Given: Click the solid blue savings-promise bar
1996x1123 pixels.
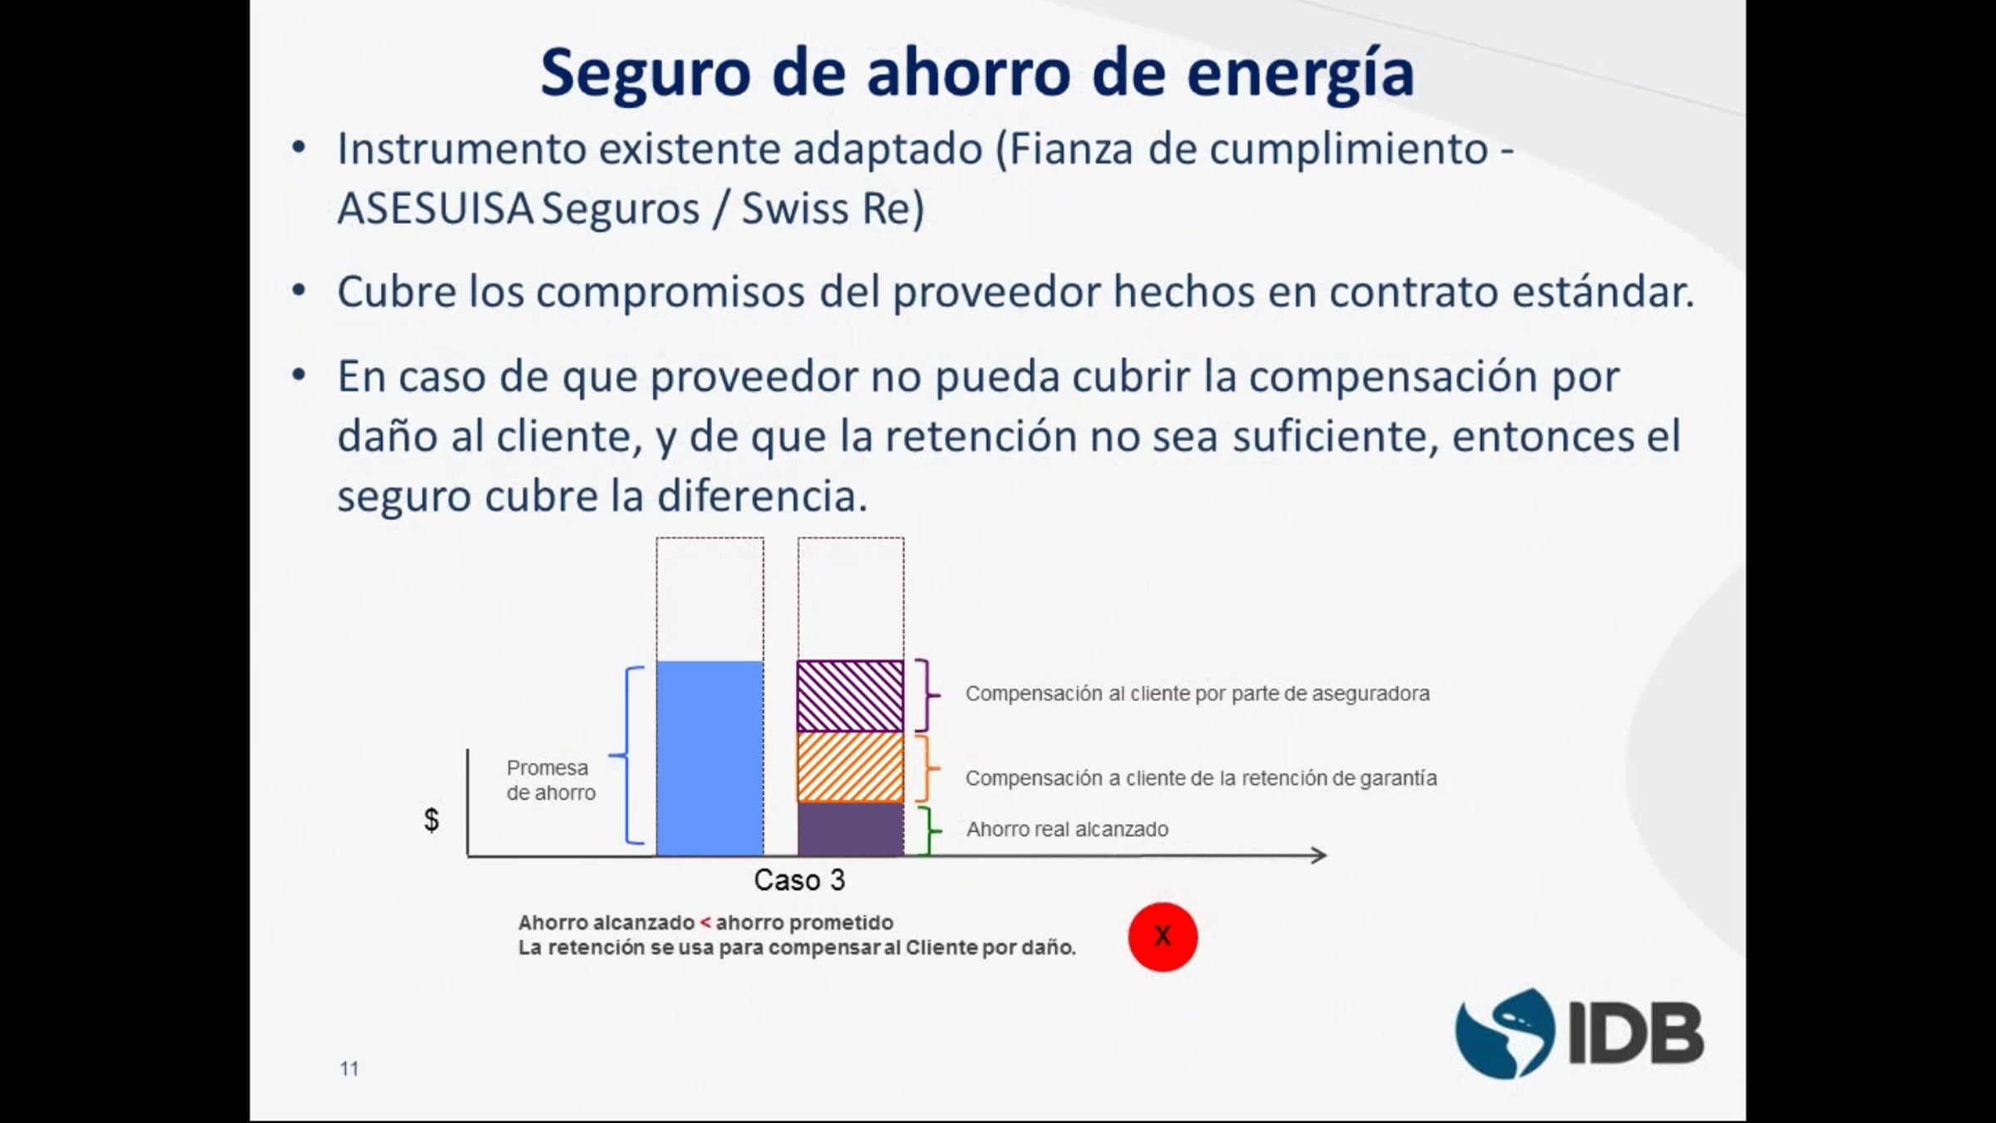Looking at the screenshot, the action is click(709, 758).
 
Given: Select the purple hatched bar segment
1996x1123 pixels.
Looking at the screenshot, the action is click(850, 696).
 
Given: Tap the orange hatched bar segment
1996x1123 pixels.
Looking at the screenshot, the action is click(850, 767).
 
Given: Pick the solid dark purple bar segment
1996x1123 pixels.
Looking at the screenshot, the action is click(850, 829).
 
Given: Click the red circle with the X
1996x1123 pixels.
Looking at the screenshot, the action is click(1163, 937).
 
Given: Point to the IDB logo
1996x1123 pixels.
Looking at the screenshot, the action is click(1579, 1033).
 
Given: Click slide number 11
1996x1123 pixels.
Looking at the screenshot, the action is click(349, 1069).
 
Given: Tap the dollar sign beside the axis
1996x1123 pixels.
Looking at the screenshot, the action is click(432, 819).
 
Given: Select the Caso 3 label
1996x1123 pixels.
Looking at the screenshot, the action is click(799, 880).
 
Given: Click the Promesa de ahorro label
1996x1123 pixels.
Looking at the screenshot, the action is click(551, 780).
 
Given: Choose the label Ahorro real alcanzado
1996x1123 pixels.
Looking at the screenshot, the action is click(1067, 829).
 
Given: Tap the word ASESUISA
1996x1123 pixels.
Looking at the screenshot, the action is click(435, 208).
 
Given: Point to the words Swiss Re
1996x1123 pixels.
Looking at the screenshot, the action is click(832, 208).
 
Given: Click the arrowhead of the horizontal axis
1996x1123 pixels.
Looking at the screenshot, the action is click(1319, 855).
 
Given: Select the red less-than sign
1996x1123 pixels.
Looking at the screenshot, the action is click(705, 923).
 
